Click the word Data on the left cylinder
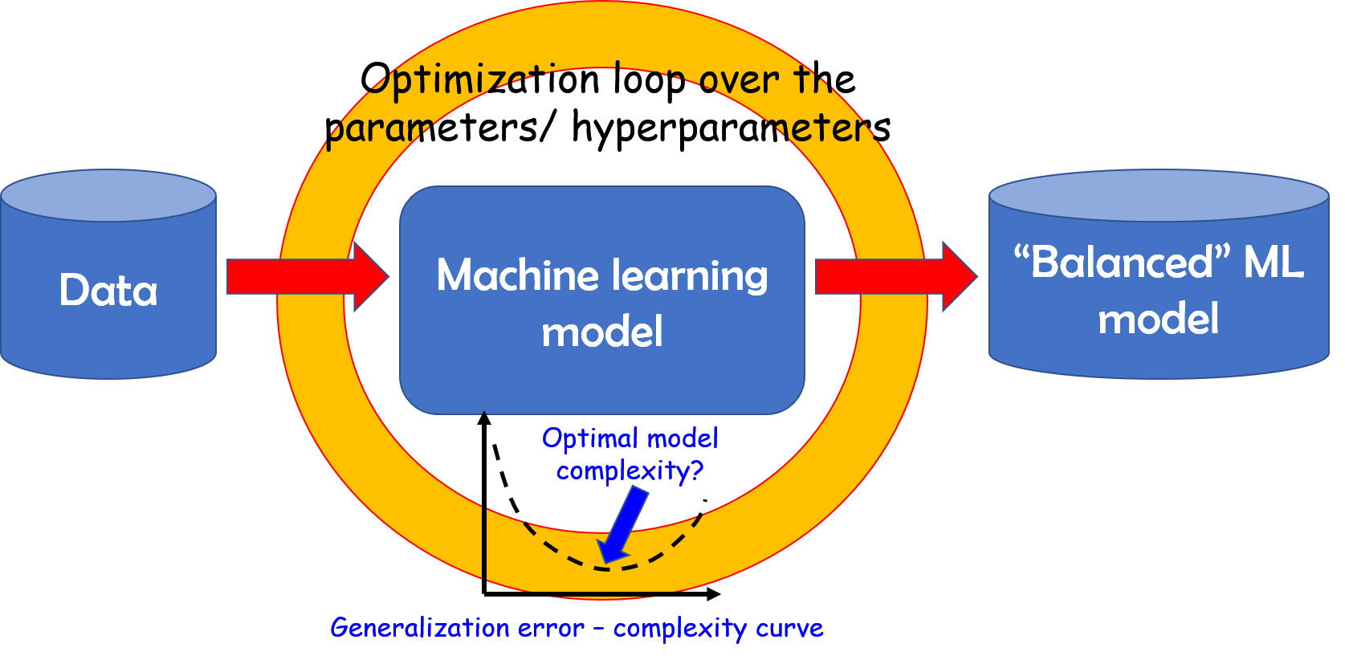tap(108, 290)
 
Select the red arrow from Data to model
tap(305, 277)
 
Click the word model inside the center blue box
tap(602, 332)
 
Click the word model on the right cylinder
tap(1158, 319)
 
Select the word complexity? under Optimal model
tap(630, 471)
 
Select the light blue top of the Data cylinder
tap(108, 195)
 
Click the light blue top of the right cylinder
tap(1158, 195)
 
